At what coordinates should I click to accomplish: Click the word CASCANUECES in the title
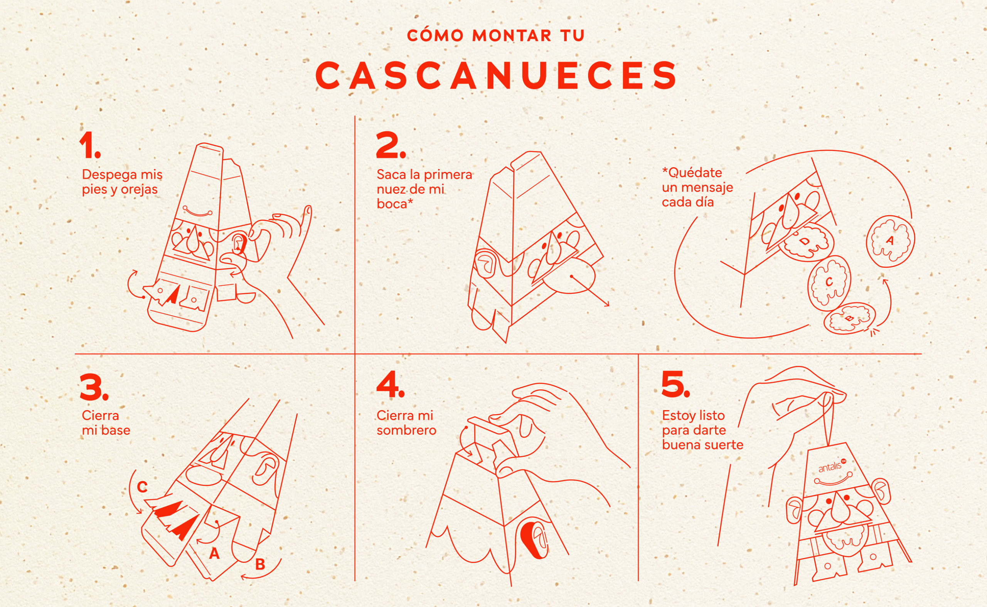click(496, 76)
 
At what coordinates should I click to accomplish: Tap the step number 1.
click(90, 145)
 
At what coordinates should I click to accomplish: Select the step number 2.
click(391, 145)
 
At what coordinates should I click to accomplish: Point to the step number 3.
click(94, 387)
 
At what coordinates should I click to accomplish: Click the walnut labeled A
click(890, 241)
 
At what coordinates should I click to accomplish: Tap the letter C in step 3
click(142, 487)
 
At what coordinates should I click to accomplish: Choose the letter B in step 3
click(260, 565)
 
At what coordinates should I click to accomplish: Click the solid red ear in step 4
click(534, 540)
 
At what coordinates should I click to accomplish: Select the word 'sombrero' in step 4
click(406, 431)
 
